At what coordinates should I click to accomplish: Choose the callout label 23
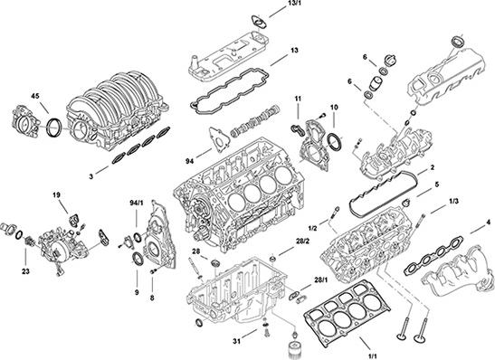point(24,268)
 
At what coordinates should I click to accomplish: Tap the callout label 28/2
point(303,242)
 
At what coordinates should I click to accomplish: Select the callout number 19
point(55,195)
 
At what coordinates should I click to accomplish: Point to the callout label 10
point(334,108)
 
